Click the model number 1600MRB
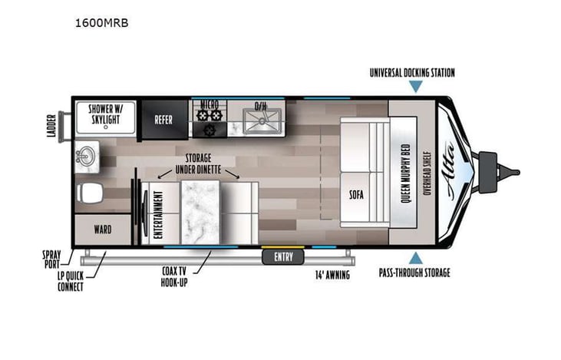(x=101, y=23)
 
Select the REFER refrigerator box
(x=163, y=120)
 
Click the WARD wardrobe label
(x=102, y=229)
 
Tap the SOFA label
(x=355, y=193)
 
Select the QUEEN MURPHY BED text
(x=406, y=172)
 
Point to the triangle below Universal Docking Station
(x=415, y=87)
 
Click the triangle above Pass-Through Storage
(x=415, y=259)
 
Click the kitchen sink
(x=262, y=120)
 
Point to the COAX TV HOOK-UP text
(x=173, y=276)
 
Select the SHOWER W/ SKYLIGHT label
(x=107, y=114)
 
